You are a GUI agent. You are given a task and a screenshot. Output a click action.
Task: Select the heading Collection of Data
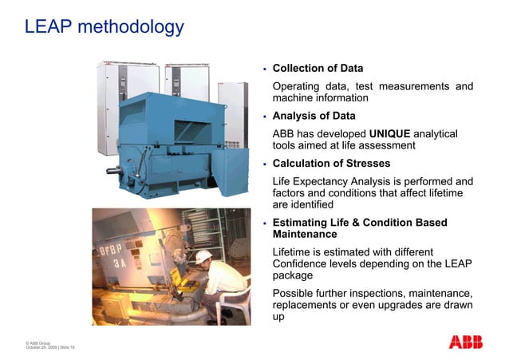pos(318,68)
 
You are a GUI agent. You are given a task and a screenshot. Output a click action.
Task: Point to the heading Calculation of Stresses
pos(328,164)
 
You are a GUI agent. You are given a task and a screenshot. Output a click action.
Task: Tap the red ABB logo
pos(465,342)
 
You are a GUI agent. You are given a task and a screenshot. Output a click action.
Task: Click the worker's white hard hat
pos(204,256)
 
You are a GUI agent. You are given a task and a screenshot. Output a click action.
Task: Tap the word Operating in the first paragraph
pos(297,86)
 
